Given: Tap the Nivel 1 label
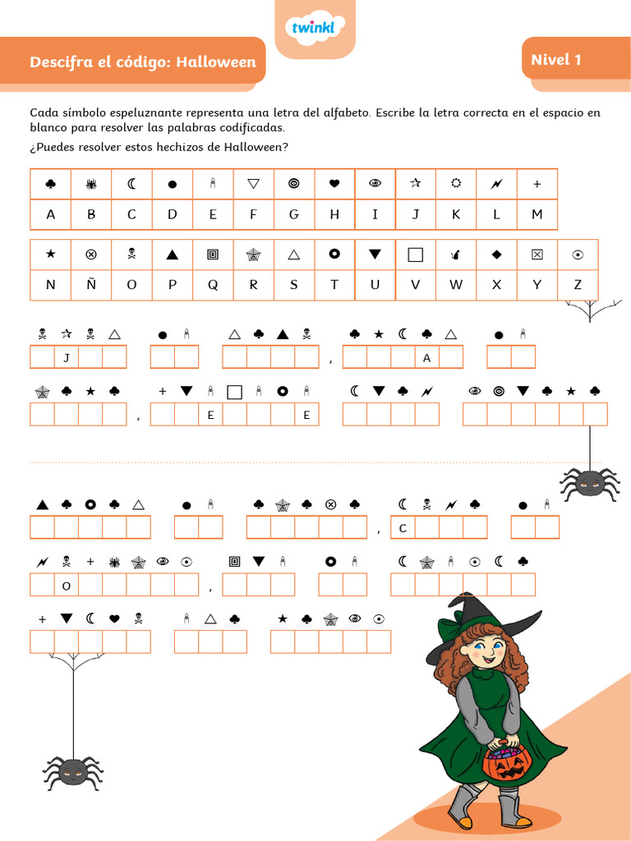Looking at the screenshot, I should click(556, 60).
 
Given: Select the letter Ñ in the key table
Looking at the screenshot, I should click(91, 285).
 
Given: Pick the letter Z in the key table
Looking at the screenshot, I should click(578, 285).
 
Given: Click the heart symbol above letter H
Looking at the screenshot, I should click(334, 184).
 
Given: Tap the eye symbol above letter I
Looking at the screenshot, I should click(375, 184).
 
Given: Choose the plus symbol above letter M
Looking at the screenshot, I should click(537, 184).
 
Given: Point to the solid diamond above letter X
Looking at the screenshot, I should click(496, 255).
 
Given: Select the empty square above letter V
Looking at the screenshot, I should click(416, 255).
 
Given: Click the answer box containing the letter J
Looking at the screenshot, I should click(67, 357).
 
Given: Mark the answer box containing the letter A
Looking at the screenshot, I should click(426, 357).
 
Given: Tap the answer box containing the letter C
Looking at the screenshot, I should click(403, 528).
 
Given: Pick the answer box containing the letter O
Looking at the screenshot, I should click(67, 586).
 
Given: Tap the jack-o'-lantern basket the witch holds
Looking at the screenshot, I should click(507, 763).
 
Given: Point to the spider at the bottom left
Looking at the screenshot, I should click(73, 771).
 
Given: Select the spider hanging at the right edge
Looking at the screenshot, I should click(589, 483).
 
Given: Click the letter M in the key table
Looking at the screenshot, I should click(537, 214).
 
